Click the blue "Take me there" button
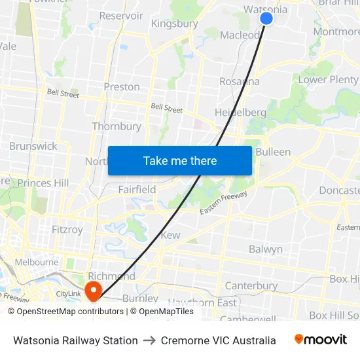point(180,160)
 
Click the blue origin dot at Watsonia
point(266,18)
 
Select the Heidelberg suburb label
point(240,113)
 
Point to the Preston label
point(122,86)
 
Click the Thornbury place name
point(117,126)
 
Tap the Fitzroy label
point(67,230)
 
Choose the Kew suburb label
point(170,235)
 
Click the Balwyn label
point(266,249)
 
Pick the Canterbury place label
point(251,286)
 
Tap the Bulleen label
point(273,152)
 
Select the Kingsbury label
point(174,24)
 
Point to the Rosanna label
point(240,82)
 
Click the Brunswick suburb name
point(33,146)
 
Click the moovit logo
point(320,340)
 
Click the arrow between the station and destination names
point(149,340)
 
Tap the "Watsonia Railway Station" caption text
point(75,340)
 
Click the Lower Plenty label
point(329,80)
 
